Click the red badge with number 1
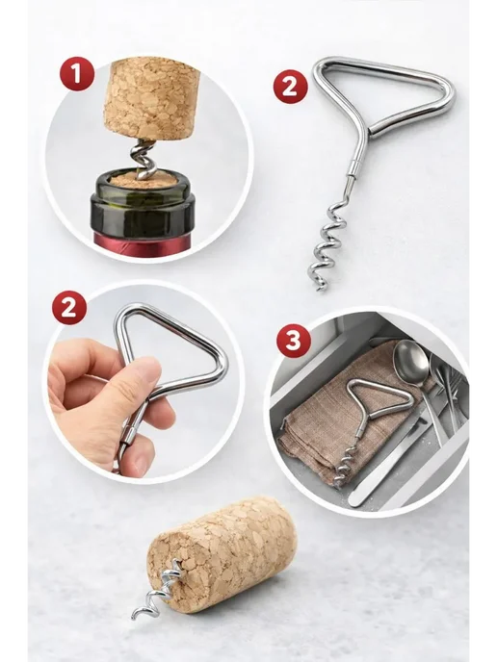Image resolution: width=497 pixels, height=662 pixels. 76,74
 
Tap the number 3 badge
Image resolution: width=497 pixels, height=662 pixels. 294,340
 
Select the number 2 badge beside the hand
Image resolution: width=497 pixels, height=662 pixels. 69,307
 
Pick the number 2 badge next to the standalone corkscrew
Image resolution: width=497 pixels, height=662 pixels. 290,87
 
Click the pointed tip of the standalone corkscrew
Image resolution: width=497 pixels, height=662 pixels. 321,290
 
